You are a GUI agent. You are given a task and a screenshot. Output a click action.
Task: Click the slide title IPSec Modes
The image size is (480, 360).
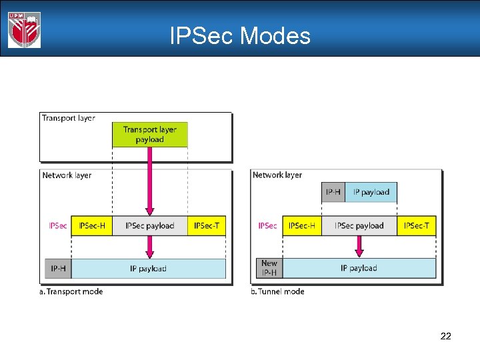click(240, 35)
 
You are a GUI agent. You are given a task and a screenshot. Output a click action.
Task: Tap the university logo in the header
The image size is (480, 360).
click(25, 29)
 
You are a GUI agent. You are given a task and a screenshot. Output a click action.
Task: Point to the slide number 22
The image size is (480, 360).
click(446, 336)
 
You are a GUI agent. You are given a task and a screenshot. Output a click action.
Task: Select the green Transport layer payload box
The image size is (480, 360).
click(150, 135)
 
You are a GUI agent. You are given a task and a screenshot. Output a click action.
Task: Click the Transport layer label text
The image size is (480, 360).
click(68, 118)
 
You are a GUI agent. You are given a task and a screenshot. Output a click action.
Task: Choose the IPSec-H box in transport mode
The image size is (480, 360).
click(92, 226)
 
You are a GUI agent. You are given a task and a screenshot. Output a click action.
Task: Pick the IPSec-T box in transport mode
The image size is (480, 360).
click(207, 226)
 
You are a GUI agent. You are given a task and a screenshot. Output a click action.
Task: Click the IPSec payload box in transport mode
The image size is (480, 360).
click(150, 226)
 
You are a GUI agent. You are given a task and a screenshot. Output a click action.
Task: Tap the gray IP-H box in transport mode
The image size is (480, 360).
click(58, 269)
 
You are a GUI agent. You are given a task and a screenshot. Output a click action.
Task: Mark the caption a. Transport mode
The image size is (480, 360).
click(72, 291)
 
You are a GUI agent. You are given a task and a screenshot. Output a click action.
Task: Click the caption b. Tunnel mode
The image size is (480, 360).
click(278, 291)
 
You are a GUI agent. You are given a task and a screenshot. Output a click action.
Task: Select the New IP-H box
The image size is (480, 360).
click(269, 268)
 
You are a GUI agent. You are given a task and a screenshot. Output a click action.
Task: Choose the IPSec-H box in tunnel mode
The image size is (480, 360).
click(302, 226)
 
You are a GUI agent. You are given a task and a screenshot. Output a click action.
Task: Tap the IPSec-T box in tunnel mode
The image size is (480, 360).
click(417, 226)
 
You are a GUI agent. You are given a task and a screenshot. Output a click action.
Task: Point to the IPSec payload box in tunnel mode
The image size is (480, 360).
click(359, 226)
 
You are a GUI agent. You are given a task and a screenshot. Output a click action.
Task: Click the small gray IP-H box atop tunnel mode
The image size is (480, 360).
click(333, 192)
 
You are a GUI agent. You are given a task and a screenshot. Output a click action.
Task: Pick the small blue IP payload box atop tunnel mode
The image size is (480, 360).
click(371, 192)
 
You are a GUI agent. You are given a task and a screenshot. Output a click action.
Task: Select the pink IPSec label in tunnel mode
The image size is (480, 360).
click(267, 226)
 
